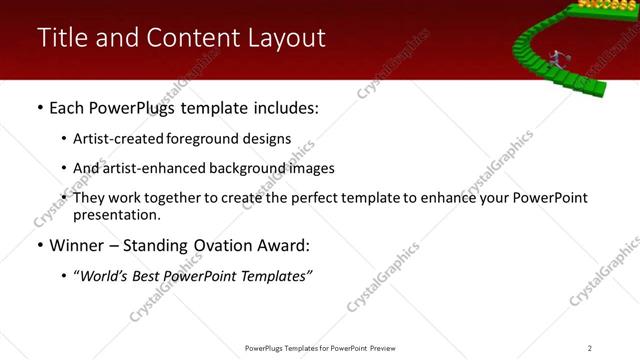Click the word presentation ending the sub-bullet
pos(116,215)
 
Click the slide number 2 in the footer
pos(590,348)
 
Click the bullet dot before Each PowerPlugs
pos(39,107)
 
